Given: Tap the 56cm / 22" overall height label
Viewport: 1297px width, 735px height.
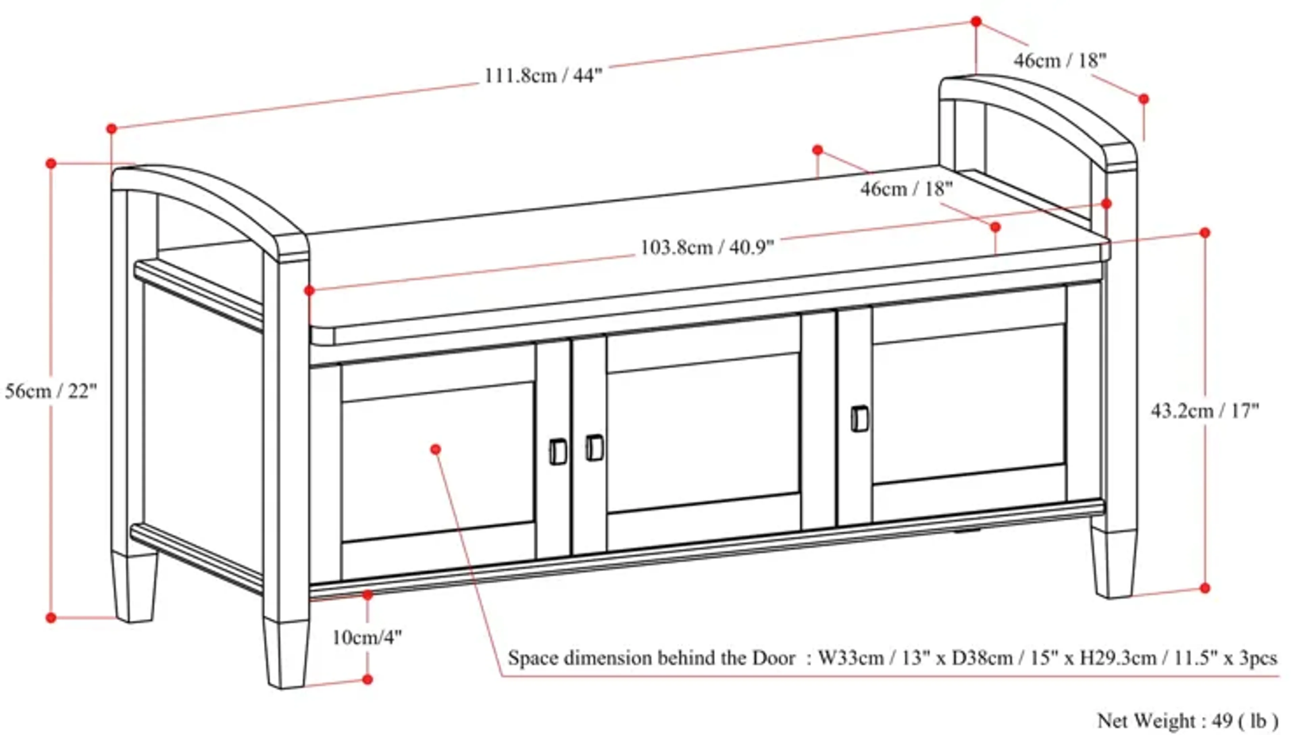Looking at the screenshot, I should (x=50, y=391).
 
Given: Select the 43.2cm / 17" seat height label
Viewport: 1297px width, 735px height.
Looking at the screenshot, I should (x=1204, y=411).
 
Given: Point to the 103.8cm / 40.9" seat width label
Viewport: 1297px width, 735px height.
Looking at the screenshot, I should (x=707, y=247).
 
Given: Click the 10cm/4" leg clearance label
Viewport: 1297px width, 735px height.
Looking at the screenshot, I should (x=367, y=637).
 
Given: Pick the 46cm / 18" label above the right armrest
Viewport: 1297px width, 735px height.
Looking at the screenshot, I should (x=1060, y=61).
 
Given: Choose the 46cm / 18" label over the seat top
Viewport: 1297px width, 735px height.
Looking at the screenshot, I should (x=906, y=189).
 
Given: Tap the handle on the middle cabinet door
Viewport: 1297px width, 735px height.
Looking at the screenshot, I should (x=594, y=447).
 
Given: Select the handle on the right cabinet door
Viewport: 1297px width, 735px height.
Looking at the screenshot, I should (x=859, y=419).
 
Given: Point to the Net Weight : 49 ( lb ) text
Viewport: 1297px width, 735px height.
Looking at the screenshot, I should (x=1188, y=720).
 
